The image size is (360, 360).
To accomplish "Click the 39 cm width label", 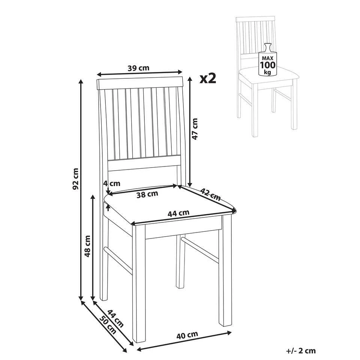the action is coord(138,68).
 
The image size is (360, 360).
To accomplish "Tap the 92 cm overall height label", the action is coord(75,179).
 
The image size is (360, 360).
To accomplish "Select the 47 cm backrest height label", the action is coord(195,129).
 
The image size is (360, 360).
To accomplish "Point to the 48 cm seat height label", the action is coord(87,246).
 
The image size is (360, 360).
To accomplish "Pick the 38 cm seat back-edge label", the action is coord(147,194).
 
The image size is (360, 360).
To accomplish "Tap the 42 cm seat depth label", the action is coord(210,194).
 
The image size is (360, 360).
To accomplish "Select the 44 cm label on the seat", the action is coord(178,213).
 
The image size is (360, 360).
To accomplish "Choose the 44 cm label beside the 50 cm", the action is coord(115,318).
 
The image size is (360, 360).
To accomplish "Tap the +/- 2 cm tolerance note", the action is coord(301,351).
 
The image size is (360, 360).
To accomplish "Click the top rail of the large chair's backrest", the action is coord(140,83).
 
